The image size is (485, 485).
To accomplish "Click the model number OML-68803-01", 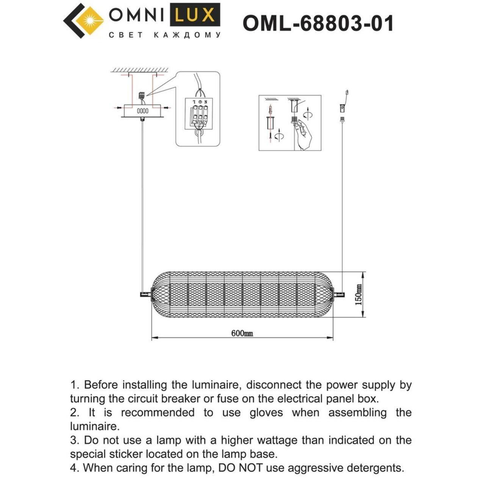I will pyautogui.click(x=318, y=23).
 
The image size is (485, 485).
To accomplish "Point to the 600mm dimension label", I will pyautogui.click(x=242, y=333).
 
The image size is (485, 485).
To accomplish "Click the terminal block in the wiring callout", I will pyautogui.click(x=197, y=116).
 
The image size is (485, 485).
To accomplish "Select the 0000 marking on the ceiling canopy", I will pyautogui.click(x=142, y=111).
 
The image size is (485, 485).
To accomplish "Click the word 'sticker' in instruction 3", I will pyautogui.click(x=132, y=454).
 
